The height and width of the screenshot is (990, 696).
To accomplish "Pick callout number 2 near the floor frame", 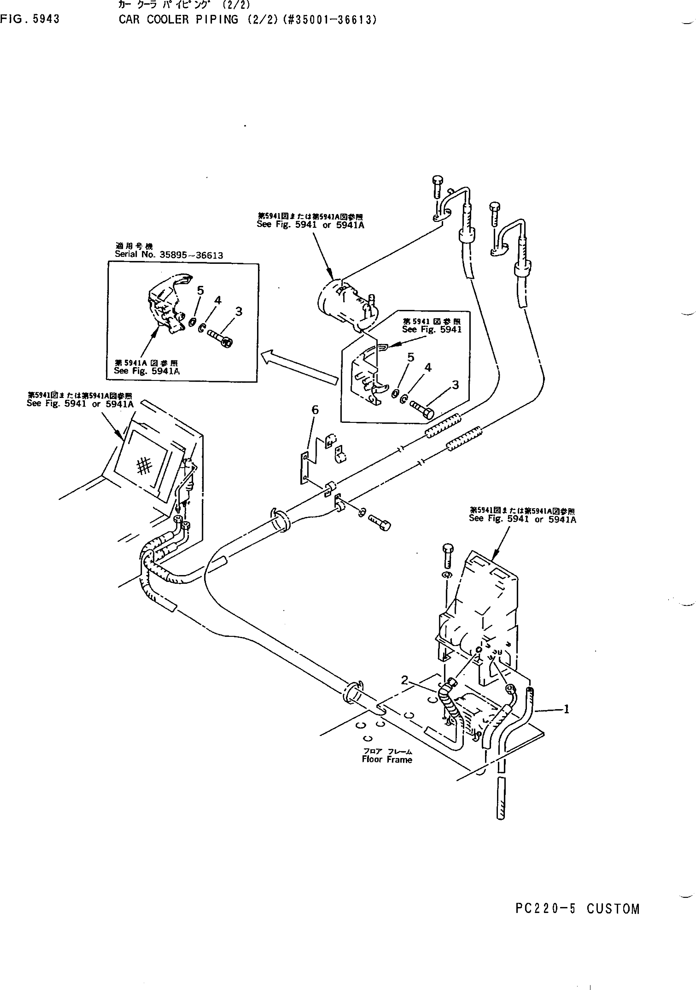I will pyautogui.click(x=405, y=680).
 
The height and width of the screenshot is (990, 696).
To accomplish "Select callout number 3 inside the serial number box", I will pyautogui.click(x=239, y=311).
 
